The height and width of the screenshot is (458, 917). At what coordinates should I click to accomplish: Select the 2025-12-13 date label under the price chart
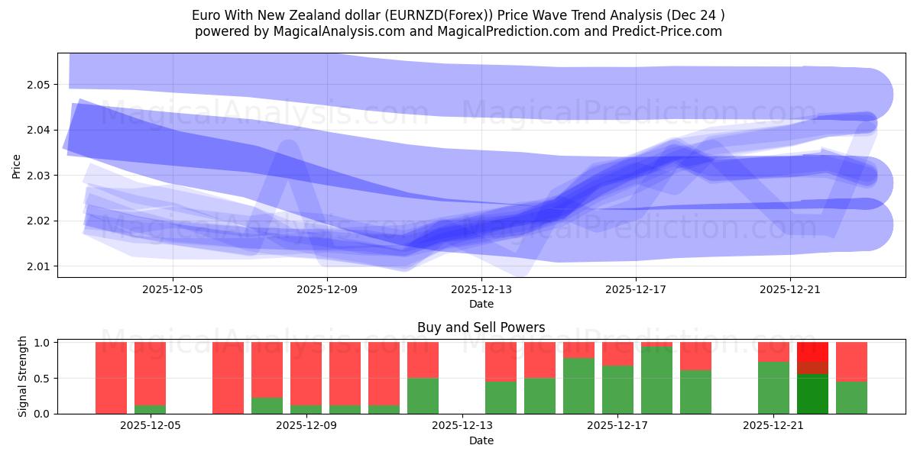[481, 289]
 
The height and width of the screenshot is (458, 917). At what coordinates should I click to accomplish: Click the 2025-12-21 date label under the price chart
[789, 289]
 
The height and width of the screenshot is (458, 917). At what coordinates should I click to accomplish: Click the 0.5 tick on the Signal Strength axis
[42, 378]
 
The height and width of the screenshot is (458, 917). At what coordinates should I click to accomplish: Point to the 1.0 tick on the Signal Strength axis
[42, 343]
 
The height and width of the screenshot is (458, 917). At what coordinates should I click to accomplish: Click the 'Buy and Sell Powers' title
[481, 327]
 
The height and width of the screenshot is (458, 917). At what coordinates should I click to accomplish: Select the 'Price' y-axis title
[17, 166]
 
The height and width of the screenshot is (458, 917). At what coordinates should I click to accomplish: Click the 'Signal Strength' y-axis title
[23, 376]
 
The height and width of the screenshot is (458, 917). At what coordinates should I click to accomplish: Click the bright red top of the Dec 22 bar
[812, 351]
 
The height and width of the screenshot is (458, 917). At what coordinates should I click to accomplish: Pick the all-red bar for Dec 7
[228, 378]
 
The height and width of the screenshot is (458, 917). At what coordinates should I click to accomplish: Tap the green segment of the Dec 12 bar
[423, 395]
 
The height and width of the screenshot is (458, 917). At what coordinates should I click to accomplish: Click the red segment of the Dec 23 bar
[851, 361]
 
